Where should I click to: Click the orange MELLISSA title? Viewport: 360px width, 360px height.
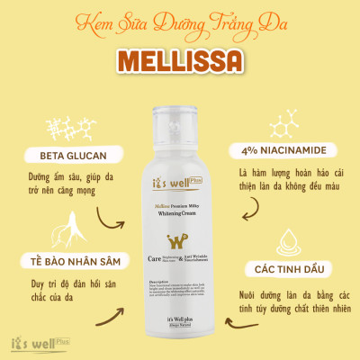(x=180, y=60)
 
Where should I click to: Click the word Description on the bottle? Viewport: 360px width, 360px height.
(x=160, y=281)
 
